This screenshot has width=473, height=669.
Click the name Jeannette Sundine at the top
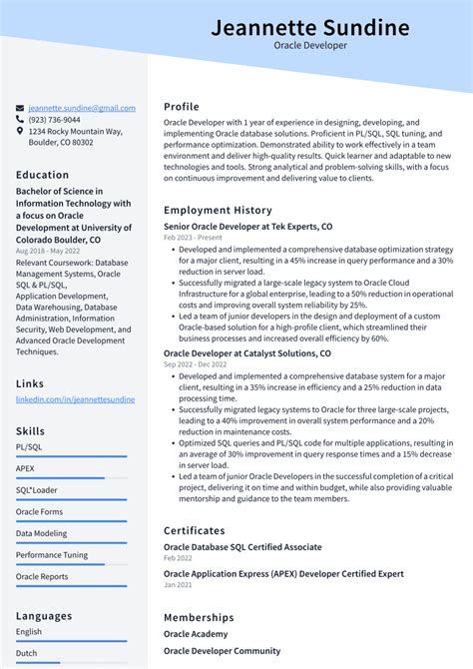[309, 27]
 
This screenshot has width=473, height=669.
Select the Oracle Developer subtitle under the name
[309, 46]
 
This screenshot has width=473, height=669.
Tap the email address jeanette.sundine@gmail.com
[82, 108]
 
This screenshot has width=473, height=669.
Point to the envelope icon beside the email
[20, 108]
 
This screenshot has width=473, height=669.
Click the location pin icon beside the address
[20, 131]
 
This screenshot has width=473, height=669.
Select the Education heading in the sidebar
[43, 175]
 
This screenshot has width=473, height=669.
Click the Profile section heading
[182, 107]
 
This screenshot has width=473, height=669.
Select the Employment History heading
[218, 211]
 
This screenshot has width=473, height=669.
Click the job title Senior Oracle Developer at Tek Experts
[248, 227]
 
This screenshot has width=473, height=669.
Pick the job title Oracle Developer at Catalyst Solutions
[247, 353]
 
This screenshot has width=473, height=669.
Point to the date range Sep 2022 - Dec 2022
[197, 365]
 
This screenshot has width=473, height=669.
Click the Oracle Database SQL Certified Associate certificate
[242, 547]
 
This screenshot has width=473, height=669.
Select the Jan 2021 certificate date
[178, 586]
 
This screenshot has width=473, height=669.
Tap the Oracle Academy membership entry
[196, 634]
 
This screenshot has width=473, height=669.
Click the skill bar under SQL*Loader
[71, 500]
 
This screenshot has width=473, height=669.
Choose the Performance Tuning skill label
[52, 554]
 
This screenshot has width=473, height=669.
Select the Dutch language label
[28, 653]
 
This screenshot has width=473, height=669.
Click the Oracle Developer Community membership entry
[222, 651]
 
